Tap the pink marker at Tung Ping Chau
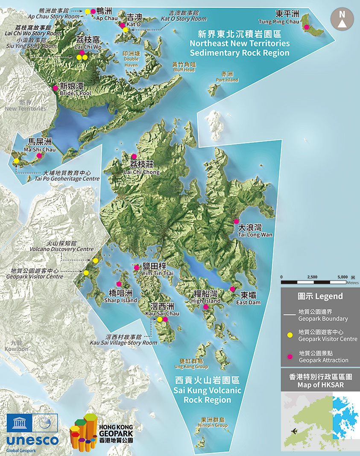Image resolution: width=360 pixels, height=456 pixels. pyautogui.click(x=306, y=27)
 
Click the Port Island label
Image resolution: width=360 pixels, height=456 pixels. pyautogui.click(x=227, y=77)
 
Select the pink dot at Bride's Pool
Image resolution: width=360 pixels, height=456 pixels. pyautogui.click(x=55, y=88)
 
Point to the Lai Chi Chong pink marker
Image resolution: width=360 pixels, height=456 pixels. pyautogui.click(x=134, y=156)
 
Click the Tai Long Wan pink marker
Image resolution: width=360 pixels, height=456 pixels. pyautogui.click(x=236, y=221)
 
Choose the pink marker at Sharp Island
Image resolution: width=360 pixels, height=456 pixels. pyautogui.click(x=119, y=284)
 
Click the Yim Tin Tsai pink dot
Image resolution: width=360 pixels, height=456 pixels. pyautogui.click(x=136, y=268)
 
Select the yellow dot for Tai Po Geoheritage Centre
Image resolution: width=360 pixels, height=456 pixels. pyautogui.click(x=16, y=161)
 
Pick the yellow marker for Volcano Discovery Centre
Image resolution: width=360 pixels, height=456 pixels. pyautogui.click(x=95, y=260)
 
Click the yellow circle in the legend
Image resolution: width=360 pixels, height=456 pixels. pyautogui.click(x=290, y=335)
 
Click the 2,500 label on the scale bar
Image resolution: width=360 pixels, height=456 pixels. pyautogui.click(x=312, y=277)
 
